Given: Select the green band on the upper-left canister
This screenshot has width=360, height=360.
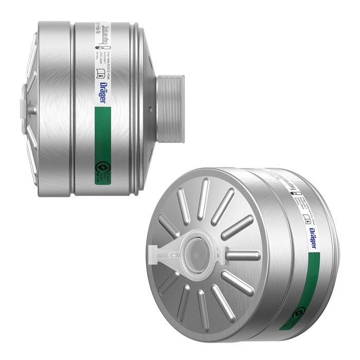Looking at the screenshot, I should (101, 145).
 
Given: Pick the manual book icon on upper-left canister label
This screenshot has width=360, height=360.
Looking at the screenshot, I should (101, 75).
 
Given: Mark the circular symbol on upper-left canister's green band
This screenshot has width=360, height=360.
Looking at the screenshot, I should (101, 168).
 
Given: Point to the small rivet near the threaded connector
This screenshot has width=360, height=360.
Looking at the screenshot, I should (148, 109).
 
